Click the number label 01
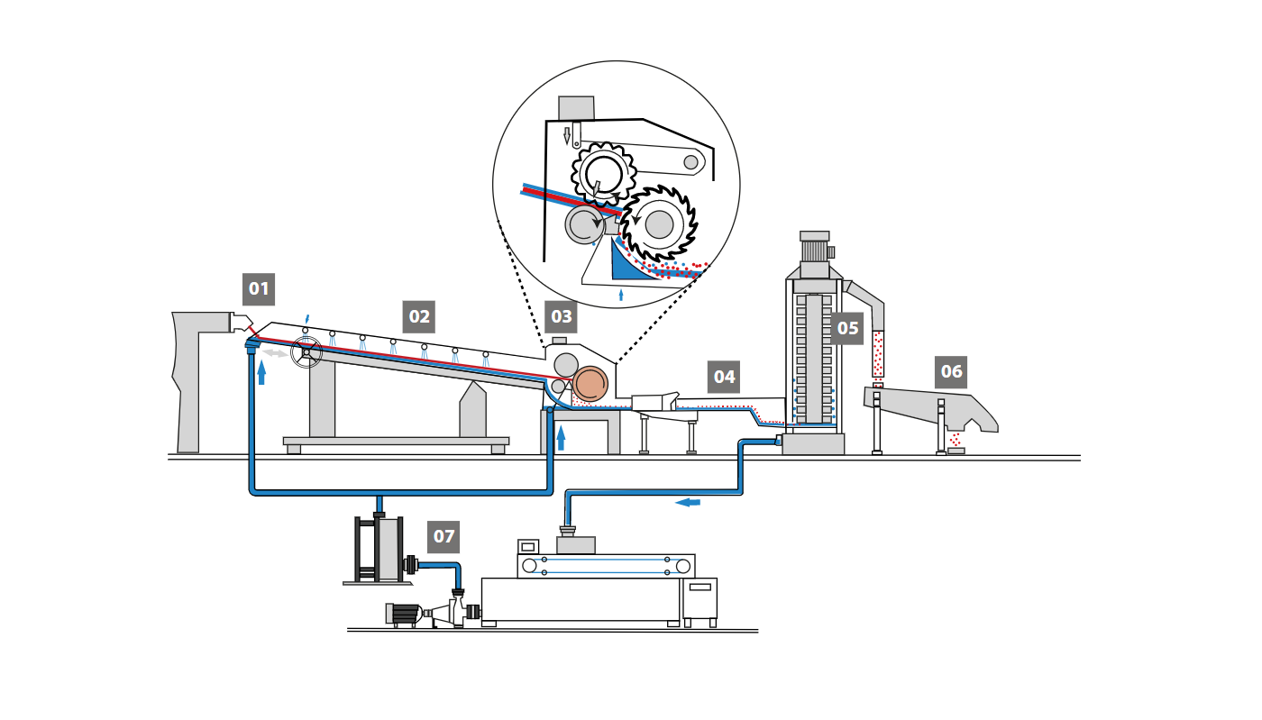point(259,289)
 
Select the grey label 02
point(419,316)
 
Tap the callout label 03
point(562,316)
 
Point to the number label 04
point(725,377)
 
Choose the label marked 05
point(848,328)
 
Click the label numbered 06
point(952,371)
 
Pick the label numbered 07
point(444,536)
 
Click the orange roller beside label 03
point(591,383)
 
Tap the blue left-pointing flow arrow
point(687,502)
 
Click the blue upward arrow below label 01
point(261,371)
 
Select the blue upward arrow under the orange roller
point(561,438)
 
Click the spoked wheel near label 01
point(306,352)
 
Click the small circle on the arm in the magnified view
point(690,162)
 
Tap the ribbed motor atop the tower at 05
point(814,250)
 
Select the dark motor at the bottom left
point(404,614)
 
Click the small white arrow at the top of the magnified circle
point(567,136)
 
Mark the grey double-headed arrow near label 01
point(276,353)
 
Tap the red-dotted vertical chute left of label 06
point(877,353)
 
